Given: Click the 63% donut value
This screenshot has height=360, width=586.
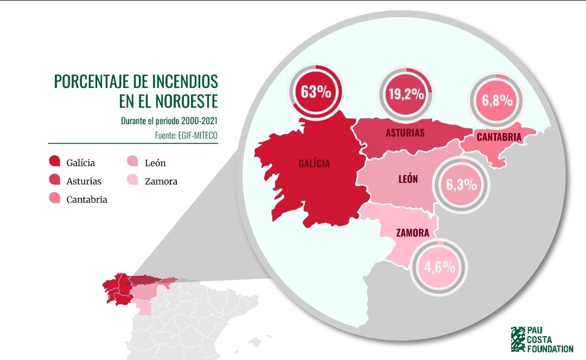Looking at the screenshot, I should point(316,91).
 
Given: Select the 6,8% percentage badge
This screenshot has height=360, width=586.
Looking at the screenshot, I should point(497,100).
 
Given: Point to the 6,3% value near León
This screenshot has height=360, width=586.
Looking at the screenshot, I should point(461,185).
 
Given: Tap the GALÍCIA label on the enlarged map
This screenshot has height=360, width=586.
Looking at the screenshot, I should point(314,163).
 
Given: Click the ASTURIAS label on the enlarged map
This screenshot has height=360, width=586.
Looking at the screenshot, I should point(405,132).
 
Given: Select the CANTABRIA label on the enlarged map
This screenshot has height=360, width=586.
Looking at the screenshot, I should point(499,137).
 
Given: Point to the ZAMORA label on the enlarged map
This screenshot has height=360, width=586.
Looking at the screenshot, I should point(413,233).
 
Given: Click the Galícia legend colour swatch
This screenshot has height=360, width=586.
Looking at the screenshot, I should point(55,162).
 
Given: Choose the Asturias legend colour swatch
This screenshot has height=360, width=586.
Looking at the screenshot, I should point(55,180).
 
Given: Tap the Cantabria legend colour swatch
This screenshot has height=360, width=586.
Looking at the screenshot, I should point(55,199).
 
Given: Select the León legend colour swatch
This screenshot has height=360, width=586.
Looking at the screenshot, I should point(133,162).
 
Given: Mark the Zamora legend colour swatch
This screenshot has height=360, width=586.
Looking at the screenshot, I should point(133,180).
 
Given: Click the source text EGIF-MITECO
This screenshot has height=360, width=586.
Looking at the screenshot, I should point(198,133).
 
